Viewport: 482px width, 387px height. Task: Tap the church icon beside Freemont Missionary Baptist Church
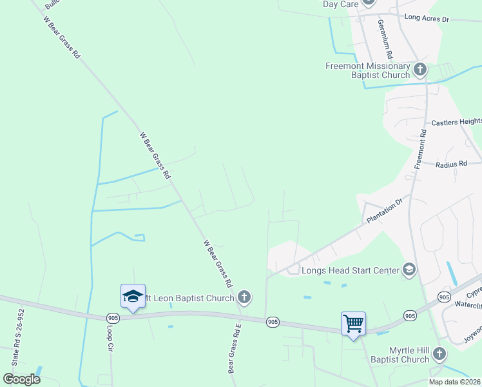point(420,68)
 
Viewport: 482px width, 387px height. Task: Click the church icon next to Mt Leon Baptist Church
point(244,297)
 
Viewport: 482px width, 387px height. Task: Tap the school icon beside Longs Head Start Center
point(409,269)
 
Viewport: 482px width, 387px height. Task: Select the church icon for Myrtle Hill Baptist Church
point(439,353)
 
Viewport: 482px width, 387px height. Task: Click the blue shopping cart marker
point(354,322)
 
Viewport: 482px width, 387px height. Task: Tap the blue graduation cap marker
point(133,296)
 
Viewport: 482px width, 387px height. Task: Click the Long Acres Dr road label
point(426,19)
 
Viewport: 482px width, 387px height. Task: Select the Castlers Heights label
point(456,122)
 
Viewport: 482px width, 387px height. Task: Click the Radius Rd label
point(450,164)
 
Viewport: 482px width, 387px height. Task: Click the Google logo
point(22,379)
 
